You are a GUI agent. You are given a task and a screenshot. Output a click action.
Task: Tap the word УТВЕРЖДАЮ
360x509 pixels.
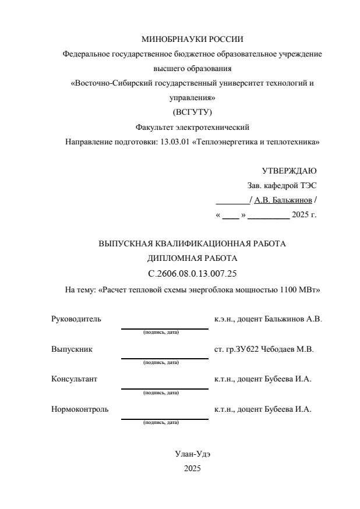click(290, 171)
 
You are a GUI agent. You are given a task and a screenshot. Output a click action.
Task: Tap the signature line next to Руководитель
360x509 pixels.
click(164, 328)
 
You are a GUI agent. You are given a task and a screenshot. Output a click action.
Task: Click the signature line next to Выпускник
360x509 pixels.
click(164, 358)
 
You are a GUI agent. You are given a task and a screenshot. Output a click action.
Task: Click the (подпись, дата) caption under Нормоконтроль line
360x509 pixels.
click(161, 422)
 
